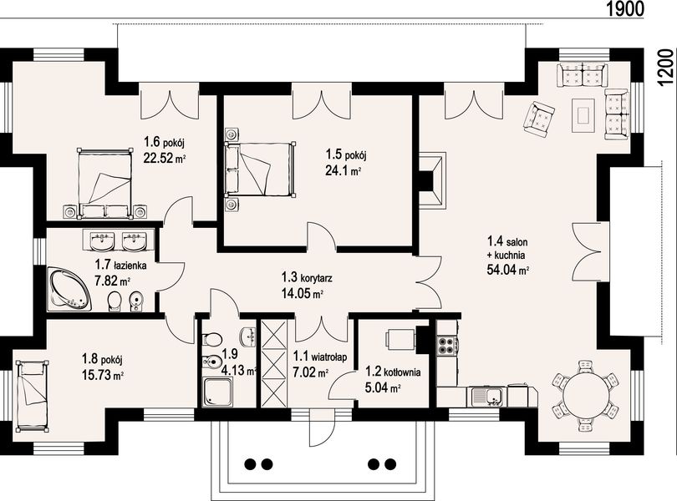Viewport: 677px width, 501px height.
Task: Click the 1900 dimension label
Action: point(625,8)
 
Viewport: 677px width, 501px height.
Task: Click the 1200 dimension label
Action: point(665,68)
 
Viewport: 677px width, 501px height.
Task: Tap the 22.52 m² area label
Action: point(165,159)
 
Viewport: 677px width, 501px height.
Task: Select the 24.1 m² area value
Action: point(343,170)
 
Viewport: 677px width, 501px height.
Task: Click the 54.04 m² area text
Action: point(508,270)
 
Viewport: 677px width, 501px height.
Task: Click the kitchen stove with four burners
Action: point(447,345)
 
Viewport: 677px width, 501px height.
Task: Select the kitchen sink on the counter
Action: point(487,395)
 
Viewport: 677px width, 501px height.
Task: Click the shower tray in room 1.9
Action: point(218,392)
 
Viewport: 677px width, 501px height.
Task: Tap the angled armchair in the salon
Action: point(538,119)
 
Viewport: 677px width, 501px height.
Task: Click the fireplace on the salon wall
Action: point(432,180)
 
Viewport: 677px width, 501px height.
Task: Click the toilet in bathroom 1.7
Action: point(114,301)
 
